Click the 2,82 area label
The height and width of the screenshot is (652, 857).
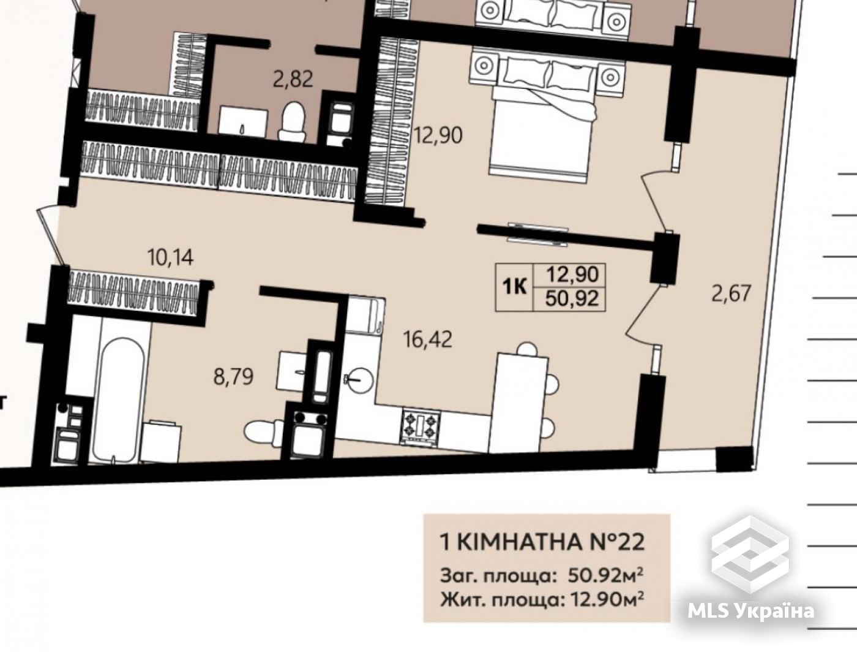tap(293, 79)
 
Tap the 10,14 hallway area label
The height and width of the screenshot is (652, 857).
tap(170, 257)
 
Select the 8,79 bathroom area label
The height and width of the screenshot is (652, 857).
tap(233, 377)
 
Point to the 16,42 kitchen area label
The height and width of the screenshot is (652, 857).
tap(428, 339)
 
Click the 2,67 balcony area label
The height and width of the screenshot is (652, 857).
tap(731, 294)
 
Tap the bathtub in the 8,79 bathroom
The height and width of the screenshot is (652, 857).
tap(119, 400)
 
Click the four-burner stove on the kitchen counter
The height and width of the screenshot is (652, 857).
tap(420, 426)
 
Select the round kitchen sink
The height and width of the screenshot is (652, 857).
tap(360, 379)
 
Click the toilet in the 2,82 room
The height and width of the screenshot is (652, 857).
tap(293, 121)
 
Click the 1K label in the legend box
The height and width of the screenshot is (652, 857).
tap(515, 287)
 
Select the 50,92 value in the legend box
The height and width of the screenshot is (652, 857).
tap(572, 299)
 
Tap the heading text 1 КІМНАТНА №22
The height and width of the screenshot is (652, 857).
tap(542, 542)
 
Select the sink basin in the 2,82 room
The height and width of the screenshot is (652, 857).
tap(243, 123)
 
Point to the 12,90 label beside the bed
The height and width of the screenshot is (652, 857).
tap(438, 135)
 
